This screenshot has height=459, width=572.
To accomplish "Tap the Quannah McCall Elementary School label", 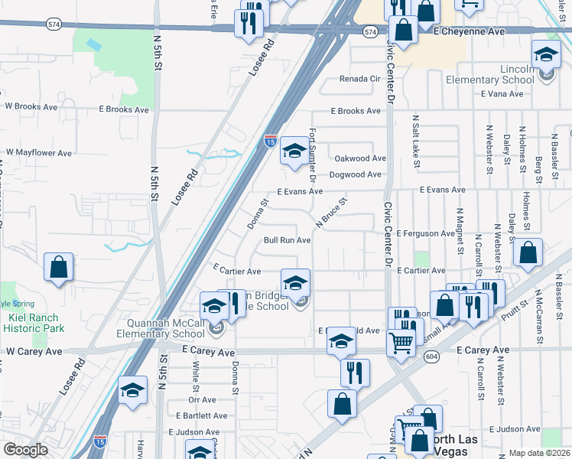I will click(161, 327).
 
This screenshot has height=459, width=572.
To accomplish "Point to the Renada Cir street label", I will click(359, 79).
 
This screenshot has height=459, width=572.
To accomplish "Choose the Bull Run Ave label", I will click(287, 240).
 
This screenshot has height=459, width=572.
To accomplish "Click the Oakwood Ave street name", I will click(360, 159).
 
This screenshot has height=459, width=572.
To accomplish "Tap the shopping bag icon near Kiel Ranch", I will click(58, 269).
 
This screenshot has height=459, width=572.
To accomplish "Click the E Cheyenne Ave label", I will click(469, 32).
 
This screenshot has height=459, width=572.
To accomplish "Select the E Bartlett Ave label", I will click(201, 416).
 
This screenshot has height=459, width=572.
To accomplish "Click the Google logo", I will click(25, 450).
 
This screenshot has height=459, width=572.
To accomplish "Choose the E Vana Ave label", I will click(502, 94).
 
